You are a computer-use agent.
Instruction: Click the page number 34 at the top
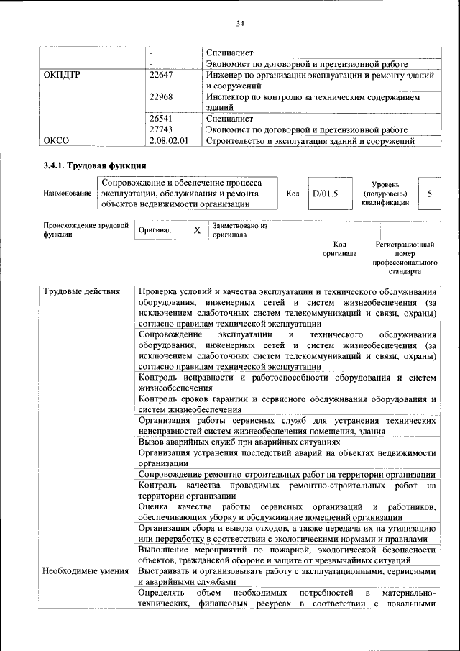(241, 23)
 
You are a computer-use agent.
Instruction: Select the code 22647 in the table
(161, 75)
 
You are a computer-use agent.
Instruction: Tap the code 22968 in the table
(161, 96)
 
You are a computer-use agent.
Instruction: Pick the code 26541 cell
(161, 118)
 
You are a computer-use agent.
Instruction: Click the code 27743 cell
(161, 129)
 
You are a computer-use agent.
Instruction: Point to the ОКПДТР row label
(63, 75)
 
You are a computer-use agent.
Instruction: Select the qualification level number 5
(429, 194)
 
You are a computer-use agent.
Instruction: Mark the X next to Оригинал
(197, 230)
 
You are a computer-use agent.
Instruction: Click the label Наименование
(67, 194)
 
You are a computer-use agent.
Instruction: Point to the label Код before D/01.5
(293, 194)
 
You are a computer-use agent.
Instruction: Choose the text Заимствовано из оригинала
(239, 230)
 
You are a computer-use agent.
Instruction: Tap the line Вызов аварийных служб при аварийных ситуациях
(244, 442)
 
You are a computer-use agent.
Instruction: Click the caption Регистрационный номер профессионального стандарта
(405, 258)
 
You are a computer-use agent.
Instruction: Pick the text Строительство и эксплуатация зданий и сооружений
(310, 141)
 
